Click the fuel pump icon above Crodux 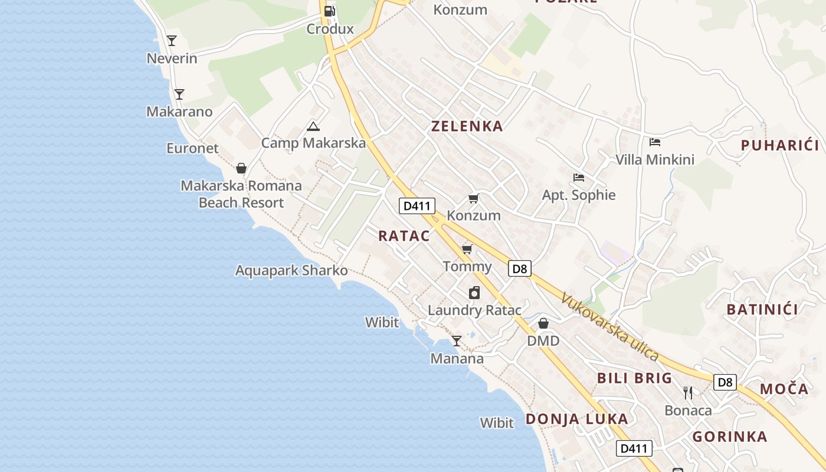click(330, 11)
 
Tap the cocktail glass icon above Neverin click(172, 41)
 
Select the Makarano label click(179, 112)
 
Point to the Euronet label click(192, 148)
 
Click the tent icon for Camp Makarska click(313, 126)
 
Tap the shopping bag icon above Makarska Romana click(241, 168)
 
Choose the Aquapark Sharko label click(291, 271)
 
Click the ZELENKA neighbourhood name click(467, 126)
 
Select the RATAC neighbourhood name click(404, 236)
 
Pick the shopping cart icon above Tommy click(467, 249)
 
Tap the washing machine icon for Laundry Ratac click(474, 293)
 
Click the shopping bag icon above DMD click(543, 323)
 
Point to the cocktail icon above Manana click(457, 341)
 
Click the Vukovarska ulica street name click(609, 326)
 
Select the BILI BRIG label click(634, 378)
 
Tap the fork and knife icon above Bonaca click(688, 392)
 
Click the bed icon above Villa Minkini click(655, 142)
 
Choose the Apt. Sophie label click(579, 195)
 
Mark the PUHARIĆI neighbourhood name click(780, 146)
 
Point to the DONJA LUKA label click(576, 419)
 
